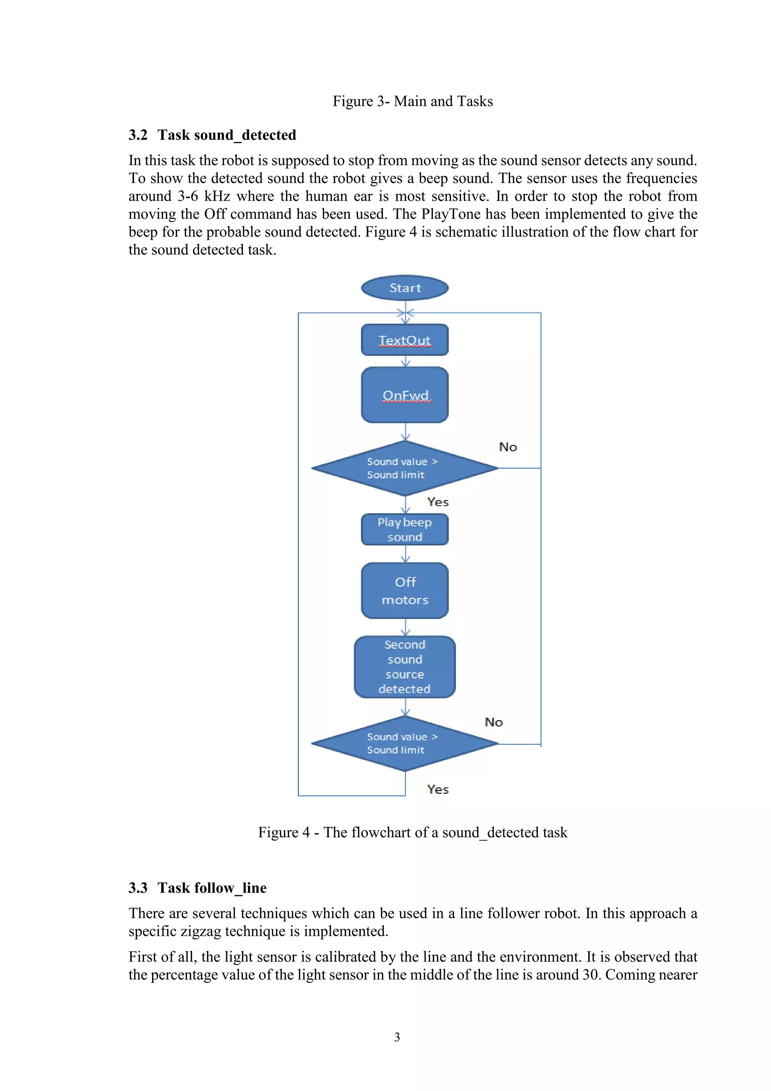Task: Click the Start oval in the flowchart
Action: [405, 288]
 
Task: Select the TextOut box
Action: [405, 340]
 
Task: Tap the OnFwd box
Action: [405, 395]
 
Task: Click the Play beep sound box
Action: [405, 529]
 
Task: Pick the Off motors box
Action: [405, 591]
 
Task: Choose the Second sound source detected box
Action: [405, 667]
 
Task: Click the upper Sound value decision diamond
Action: [405, 468]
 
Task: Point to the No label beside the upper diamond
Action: [508, 447]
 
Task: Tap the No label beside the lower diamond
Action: [494, 722]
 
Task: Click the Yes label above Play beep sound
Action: [437, 502]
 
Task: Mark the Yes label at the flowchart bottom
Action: [437, 790]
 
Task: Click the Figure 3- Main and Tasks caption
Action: [412, 101]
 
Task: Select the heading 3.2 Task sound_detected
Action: [212, 135]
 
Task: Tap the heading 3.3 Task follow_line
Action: [198, 888]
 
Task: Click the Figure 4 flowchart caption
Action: [412, 833]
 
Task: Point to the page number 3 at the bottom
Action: [397, 1037]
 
